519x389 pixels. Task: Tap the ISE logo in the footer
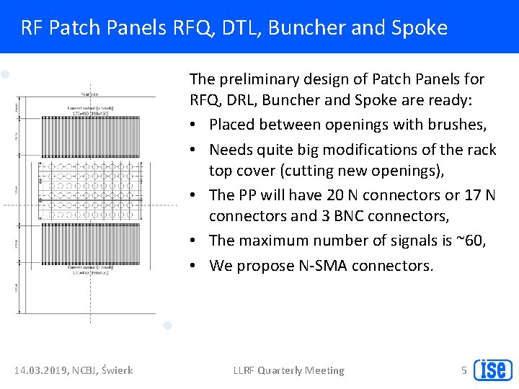(493, 370)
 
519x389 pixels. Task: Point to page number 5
(464, 370)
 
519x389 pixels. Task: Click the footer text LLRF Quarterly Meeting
(288, 370)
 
